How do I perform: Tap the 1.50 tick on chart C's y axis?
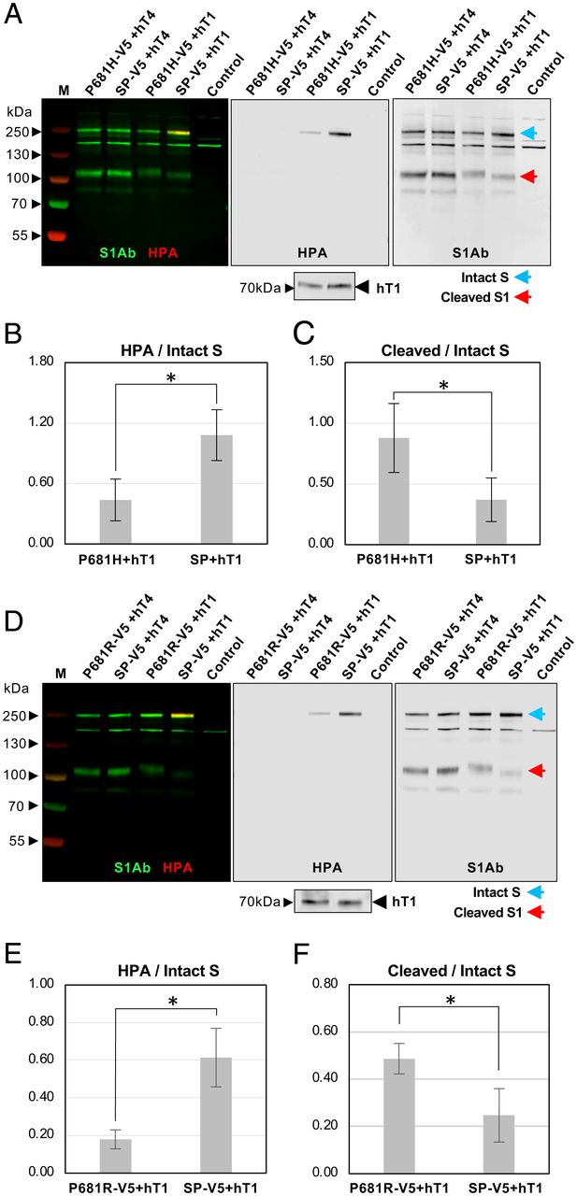tap(320, 363)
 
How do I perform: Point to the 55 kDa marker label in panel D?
tap(18, 841)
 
